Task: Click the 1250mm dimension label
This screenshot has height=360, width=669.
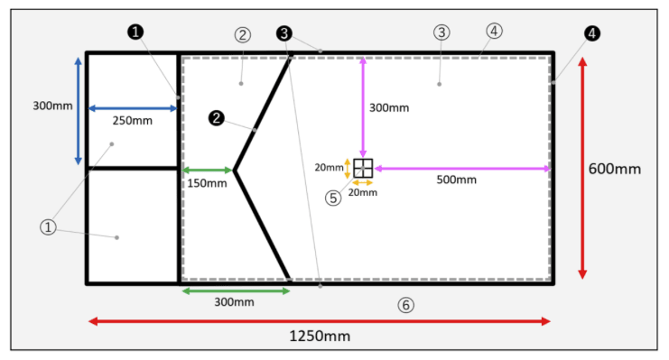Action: click(x=320, y=337)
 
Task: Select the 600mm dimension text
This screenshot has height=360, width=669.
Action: click(x=615, y=169)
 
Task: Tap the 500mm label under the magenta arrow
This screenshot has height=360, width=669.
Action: click(x=456, y=180)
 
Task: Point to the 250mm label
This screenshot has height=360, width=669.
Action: click(x=132, y=121)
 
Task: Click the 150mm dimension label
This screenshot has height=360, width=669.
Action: click(x=207, y=183)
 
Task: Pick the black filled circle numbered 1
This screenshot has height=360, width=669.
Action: click(x=135, y=32)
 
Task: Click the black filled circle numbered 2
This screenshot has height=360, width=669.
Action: click(x=217, y=118)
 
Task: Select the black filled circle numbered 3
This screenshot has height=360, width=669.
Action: click(x=284, y=33)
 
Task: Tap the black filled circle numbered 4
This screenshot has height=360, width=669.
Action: click(x=591, y=33)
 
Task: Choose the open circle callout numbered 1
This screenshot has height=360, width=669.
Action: click(x=48, y=227)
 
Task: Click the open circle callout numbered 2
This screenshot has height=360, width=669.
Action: click(x=242, y=35)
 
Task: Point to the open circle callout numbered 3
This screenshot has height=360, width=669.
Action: click(x=441, y=32)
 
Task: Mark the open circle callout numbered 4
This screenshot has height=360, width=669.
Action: click(x=494, y=31)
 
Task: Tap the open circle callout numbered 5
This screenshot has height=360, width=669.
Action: click(x=333, y=198)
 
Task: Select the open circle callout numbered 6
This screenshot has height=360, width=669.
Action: click(x=405, y=305)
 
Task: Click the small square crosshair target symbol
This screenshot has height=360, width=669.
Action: click(x=363, y=168)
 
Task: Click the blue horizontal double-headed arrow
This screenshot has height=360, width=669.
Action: click(x=133, y=108)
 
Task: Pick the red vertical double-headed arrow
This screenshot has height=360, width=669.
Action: click(x=582, y=168)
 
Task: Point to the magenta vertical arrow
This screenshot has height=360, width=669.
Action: click(x=363, y=107)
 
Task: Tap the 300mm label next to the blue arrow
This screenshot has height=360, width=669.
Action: click(x=52, y=106)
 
